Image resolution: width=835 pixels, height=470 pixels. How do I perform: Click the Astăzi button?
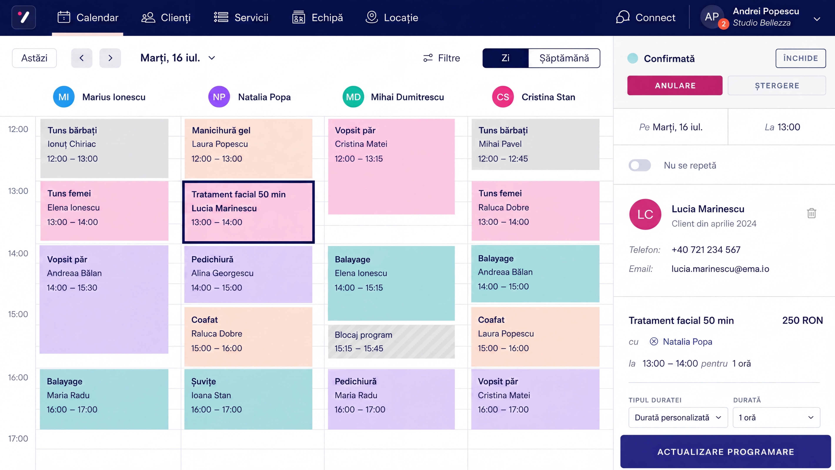coord(34,58)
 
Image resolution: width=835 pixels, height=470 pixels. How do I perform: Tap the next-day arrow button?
coord(110,58)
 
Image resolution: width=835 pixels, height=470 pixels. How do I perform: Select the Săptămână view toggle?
coord(564,58)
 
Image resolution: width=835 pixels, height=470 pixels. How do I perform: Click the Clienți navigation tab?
coord(166,17)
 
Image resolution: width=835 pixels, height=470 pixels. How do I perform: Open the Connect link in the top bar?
coord(645,17)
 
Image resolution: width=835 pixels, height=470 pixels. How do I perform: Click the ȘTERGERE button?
coord(777,86)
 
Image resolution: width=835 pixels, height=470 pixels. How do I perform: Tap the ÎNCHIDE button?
coord(801,58)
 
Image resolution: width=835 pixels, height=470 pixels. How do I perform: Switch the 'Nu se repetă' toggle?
coord(640,165)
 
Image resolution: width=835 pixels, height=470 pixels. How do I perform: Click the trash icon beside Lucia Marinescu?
coord(811,213)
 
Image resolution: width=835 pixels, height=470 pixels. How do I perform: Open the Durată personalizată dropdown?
coord(678,418)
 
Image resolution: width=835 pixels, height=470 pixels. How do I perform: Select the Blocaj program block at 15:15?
coord(391,342)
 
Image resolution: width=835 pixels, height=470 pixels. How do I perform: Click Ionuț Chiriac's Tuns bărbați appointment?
coord(104,148)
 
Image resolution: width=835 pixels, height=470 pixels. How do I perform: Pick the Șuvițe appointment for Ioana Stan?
coord(248,399)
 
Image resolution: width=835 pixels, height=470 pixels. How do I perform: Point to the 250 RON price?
coord(802,321)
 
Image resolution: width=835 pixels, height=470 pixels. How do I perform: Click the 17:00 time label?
coord(18,438)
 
